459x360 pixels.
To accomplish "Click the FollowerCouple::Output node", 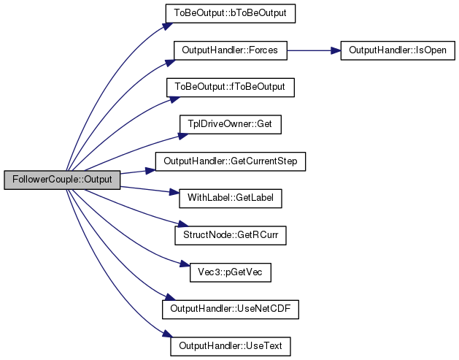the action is (x=62, y=180).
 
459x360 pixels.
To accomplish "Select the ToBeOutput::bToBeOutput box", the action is (x=231, y=13).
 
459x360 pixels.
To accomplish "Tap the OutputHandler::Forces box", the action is (x=231, y=50).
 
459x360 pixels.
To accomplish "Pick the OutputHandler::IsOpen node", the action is (x=398, y=50).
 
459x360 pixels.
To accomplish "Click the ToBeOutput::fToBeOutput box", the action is (x=231, y=88).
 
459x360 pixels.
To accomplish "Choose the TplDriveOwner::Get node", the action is (x=231, y=124).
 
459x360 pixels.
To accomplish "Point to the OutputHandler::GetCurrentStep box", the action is (x=231, y=161).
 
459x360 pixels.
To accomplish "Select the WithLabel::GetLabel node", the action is (x=231, y=199).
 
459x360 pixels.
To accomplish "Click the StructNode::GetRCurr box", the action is (x=231, y=235).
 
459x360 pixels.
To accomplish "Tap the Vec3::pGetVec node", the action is (x=231, y=272).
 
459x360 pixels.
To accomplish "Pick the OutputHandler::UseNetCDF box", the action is (x=231, y=310).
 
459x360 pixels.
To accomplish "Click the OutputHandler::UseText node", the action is (x=231, y=346).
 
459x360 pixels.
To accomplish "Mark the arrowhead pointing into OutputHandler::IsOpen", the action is (x=336, y=50).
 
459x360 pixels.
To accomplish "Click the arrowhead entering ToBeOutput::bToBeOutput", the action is (x=168, y=26).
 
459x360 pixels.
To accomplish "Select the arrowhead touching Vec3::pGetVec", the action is (x=185, y=264).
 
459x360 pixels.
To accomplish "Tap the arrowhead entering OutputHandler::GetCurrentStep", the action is (x=151, y=170).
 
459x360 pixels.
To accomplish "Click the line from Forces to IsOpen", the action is (x=314, y=50).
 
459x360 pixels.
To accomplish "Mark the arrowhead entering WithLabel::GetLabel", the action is (x=174, y=193).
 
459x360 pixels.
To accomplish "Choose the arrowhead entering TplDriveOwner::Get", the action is (x=184, y=137).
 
